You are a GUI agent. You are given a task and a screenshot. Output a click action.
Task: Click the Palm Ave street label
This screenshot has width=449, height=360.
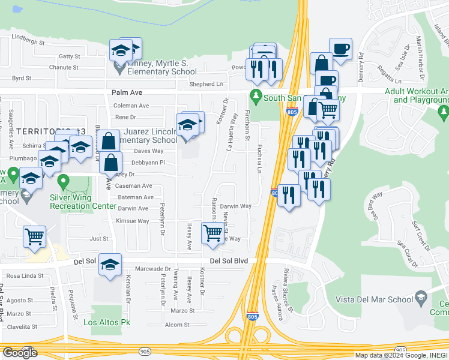(127, 92)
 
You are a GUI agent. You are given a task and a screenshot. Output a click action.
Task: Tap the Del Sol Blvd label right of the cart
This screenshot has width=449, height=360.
(233, 261)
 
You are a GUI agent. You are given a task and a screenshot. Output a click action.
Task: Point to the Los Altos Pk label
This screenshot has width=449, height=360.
(107, 323)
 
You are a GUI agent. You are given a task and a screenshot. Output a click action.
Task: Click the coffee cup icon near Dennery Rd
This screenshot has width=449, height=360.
(340, 49)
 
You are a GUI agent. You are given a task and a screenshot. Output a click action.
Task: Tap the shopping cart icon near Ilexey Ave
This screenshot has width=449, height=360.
(212, 232)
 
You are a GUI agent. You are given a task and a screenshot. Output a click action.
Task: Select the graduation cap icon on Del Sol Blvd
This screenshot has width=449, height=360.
(110, 265)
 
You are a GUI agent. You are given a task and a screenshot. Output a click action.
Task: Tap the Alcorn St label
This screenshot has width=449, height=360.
(178, 325)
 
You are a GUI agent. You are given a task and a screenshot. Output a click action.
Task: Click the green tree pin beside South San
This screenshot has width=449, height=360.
(256, 96)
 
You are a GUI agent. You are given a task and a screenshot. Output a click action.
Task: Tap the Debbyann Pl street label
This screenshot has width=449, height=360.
(149, 163)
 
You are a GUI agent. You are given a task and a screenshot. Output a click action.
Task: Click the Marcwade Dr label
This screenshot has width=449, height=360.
(153, 269)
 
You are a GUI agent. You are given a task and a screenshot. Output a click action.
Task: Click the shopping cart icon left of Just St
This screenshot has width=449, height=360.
(34, 236)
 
